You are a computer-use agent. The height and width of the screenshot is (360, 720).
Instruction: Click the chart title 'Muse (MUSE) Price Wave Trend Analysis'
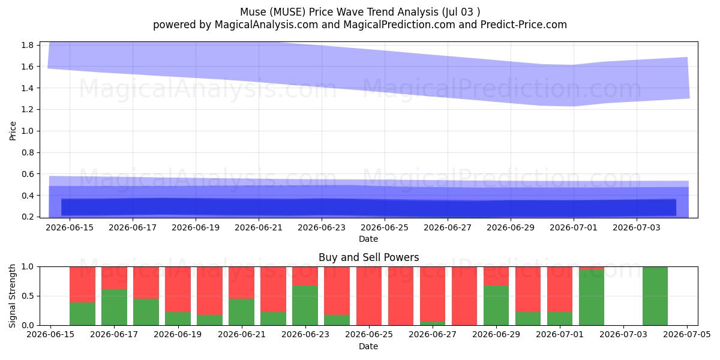pyautogui.click(x=339, y=12)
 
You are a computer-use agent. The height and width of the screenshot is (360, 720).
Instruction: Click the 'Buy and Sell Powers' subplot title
pyautogui.click(x=368, y=257)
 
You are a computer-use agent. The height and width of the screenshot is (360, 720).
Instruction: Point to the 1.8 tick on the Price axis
pyautogui.click(x=28, y=45)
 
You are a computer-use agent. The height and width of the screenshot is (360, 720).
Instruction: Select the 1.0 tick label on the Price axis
pyautogui.click(x=28, y=131)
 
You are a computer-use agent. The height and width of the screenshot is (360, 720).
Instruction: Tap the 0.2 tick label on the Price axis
pyautogui.click(x=28, y=217)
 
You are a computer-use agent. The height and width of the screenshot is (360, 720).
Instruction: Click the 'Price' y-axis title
pyautogui.click(x=13, y=131)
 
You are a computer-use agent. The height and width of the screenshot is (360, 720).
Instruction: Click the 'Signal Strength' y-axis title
pyautogui.click(x=13, y=296)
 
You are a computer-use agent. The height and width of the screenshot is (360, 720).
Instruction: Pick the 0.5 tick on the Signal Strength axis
pyautogui.click(x=28, y=296)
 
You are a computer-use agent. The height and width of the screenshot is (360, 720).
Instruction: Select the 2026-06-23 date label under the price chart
pyautogui.click(x=322, y=227)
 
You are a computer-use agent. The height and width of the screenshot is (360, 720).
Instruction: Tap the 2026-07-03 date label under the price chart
pyautogui.click(x=637, y=227)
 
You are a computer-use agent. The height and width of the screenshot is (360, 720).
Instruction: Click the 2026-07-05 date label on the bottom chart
pyautogui.click(x=687, y=335)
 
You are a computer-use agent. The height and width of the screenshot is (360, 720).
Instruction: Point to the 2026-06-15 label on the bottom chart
pyautogui.click(x=50, y=335)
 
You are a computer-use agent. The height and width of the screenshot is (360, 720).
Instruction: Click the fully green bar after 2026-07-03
pyautogui.click(x=655, y=296)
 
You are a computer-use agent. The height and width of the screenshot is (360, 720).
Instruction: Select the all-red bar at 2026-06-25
pyautogui.click(x=369, y=296)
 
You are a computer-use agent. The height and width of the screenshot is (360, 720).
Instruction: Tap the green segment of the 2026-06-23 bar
pyautogui.click(x=305, y=305)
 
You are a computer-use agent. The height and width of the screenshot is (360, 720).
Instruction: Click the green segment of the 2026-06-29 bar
pyautogui.click(x=496, y=305)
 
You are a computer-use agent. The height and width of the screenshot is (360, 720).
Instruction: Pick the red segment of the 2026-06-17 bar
pyautogui.click(x=114, y=278)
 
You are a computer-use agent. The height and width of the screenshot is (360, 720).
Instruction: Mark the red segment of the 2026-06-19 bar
pyautogui.click(x=178, y=289)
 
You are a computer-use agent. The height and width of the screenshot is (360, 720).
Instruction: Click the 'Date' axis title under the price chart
pyautogui.click(x=368, y=239)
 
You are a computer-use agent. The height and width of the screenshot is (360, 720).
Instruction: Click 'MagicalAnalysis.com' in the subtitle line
pyautogui.click(x=266, y=25)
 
